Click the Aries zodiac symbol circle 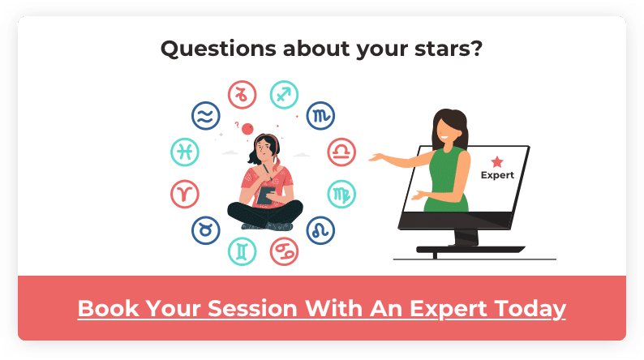185,194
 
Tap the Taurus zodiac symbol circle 206,230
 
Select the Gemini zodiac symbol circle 243,251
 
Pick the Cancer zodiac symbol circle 284,251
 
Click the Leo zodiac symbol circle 320,230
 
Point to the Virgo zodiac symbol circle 341,194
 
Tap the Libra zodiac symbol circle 341,152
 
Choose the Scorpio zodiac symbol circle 320,116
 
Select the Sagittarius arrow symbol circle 284,95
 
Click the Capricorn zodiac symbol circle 243,95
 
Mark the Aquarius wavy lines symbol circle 206,116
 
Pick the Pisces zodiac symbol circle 185,152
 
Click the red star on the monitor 497,161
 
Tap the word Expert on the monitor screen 497,175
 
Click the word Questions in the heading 218,49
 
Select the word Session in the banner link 252,308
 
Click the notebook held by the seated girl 265,195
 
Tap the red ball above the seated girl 247,129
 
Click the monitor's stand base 470,249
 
